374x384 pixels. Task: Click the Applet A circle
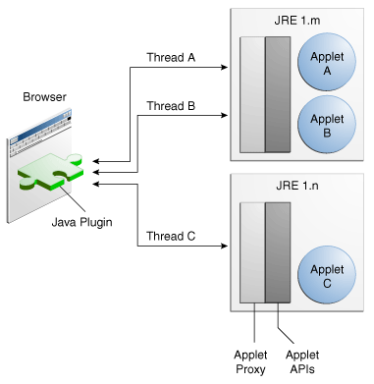point(327,65)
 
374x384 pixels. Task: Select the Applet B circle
point(327,125)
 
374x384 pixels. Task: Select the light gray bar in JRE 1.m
point(251,94)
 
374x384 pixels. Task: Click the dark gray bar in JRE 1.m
point(278,94)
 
